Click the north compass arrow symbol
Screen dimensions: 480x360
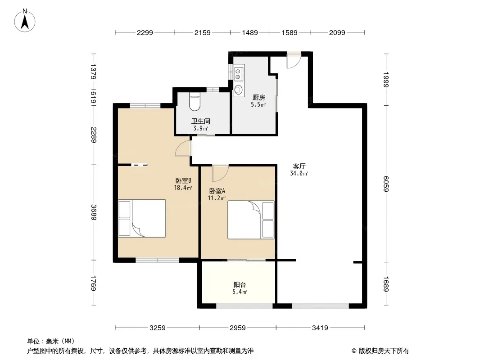pyautogui.click(x=25, y=21)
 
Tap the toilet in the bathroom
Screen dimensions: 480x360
pyautogui.click(x=195, y=102)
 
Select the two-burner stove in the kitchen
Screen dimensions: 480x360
pyautogui.click(x=239, y=73)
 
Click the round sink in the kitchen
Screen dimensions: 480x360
pyautogui.click(x=238, y=90)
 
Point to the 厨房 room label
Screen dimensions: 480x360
pyautogui.click(x=258, y=97)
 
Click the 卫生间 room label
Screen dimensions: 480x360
pyautogui.click(x=201, y=121)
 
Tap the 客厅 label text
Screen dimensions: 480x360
pyautogui.click(x=299, y=166)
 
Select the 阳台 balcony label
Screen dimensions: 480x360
pyautogui.click(x=240, y=284)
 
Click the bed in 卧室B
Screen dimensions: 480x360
pyautogui.click(x=142, y=218)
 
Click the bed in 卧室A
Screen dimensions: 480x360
pyautogui.click(x=251, y=220)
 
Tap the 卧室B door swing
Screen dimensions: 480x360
pyautogui.click(x=183, y=148)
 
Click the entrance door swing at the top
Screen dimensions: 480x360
pyautogui.click(x=294, y=60)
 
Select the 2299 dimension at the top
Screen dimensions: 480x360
pyautogui.click(x=145, y=32)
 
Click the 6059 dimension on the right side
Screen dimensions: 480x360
pyautogui.click(x=386, y=184)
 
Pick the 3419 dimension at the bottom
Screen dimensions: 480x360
pyautogui.click(x=320, y=328)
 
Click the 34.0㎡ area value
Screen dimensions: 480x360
pyautogui.click(x=299, y=173)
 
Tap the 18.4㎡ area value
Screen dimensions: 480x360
pyautogui.click(x=183, y=188)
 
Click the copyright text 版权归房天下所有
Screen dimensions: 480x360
pyautogui.click(x=384, y=351)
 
